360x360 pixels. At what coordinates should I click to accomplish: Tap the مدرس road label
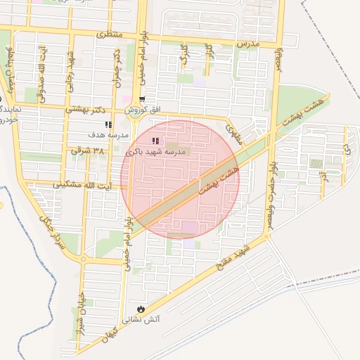pos(247,43)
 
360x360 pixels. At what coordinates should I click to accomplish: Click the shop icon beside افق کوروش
pos(143,99)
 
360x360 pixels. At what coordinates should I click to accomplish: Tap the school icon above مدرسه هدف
pos(108,124)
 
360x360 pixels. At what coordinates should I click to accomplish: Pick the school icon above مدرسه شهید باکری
pos(155,141)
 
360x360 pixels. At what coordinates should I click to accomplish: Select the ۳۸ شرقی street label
pos(87,150)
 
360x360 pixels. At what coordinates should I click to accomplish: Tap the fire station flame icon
pos(141,309)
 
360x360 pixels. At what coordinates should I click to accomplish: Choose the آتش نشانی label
pos(141,319)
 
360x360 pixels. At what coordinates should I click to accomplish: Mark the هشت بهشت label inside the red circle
pos(219,180)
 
